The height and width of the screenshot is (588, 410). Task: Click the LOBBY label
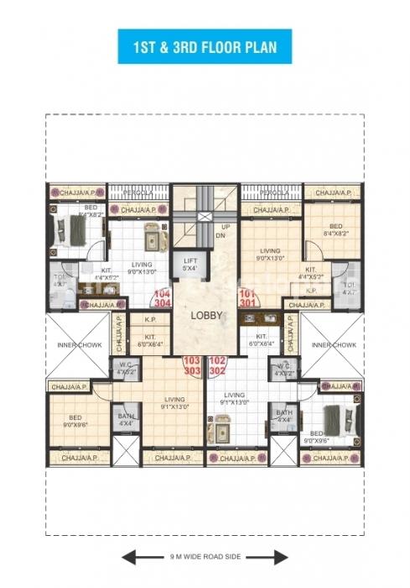click(205, 318)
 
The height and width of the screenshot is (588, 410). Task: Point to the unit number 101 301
click(247, 298)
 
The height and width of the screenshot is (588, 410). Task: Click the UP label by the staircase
click(225, 227)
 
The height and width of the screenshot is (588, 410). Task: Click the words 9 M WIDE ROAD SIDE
click(205, 555)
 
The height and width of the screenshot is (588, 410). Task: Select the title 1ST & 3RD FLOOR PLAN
click(205, 45)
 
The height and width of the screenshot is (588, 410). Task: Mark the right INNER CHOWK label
click(334, 345)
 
